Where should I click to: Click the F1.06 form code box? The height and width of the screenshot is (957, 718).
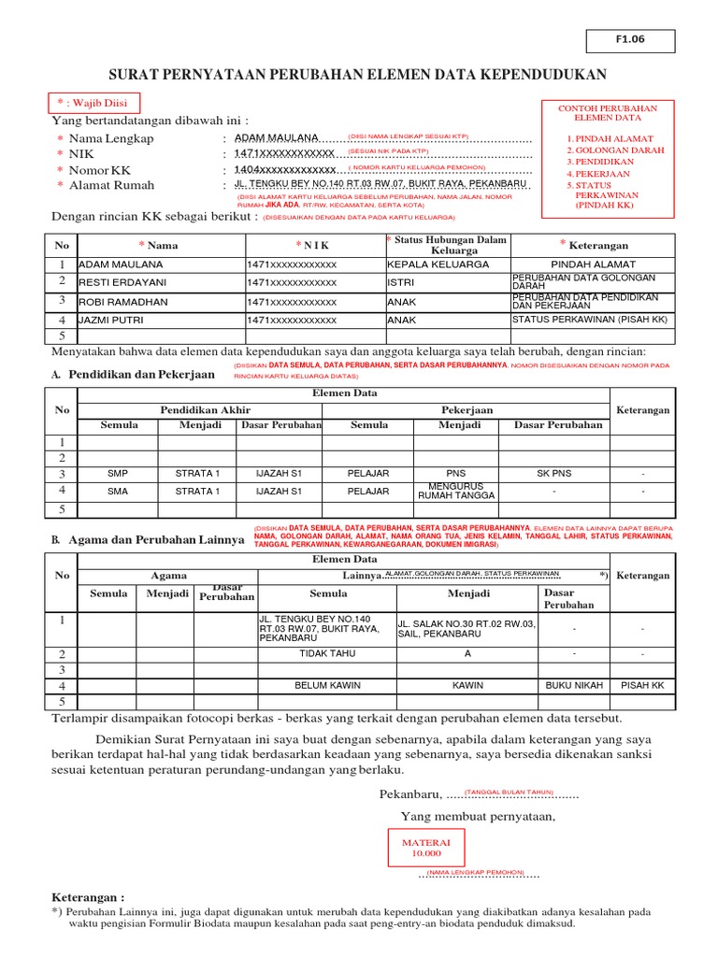tap(630, 40)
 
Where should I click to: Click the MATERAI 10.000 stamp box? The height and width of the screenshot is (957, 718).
tap(425, 848)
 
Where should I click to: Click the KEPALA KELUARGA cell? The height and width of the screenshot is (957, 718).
tap(438, 264)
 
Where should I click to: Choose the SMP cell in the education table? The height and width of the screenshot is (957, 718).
tap(118, 474)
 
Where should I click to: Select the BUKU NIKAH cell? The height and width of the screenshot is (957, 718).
tap(573, 685)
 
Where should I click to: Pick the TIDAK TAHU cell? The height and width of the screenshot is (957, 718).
tap(327, 653)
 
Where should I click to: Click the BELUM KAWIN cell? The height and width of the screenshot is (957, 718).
tap(327, 685)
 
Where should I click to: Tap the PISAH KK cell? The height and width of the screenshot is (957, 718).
tap(643, 685)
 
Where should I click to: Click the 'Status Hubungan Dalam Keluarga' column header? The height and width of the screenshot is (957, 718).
tap(446, 245)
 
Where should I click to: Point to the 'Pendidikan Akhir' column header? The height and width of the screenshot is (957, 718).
tap(205, 409)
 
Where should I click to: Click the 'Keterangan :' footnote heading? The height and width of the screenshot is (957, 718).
tap(87, 895)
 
